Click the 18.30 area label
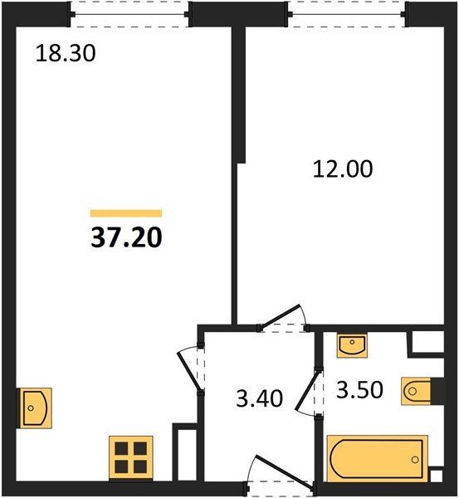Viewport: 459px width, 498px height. tap(66, 53)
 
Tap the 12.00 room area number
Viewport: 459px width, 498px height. tap(343, 169)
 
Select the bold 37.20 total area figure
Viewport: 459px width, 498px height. tap(126, 238)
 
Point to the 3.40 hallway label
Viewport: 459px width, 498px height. tap(259, 398)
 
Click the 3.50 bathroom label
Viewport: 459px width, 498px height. tap(359, 390)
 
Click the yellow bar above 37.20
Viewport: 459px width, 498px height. tap(126, 213)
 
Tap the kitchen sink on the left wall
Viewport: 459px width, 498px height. tap(34, 408)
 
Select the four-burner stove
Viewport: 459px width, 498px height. tap(131, 457)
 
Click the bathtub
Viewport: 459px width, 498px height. tap(378, 459)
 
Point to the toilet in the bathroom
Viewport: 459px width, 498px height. tap(416, 391)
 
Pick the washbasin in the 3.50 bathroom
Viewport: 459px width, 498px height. tap(352, 345)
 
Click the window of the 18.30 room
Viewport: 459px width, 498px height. tap(130, 14)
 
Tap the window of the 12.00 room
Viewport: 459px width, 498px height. tap(348, 14)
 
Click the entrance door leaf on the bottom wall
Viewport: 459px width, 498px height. tap(285, 471)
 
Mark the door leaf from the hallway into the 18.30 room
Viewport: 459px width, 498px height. tap(189, 371)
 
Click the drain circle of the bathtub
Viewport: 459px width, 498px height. tap(415, 459)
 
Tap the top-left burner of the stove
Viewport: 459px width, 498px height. tap(121, 448)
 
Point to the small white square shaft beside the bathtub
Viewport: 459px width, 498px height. tap(436, 476)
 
